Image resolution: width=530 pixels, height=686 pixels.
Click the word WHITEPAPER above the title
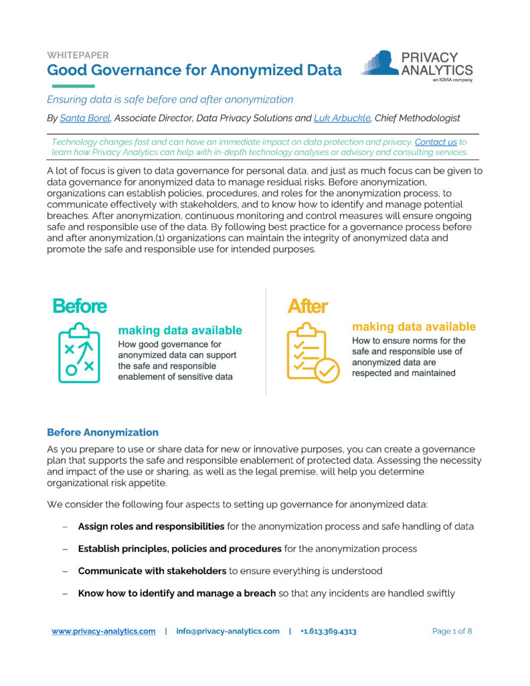(78, 56)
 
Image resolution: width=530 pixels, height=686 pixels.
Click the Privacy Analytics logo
(416, 66)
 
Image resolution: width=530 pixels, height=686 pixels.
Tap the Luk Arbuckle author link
(341, 118)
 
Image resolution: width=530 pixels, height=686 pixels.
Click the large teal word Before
(80, 306)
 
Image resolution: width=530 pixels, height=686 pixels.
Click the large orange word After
(307, 306)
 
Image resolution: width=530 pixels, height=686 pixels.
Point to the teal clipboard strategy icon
(79, 352)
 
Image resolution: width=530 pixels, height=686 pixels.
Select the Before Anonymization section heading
(102, 432)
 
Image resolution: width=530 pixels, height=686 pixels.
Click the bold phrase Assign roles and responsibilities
(151, 527)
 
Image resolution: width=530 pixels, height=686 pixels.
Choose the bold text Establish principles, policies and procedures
(179, 549)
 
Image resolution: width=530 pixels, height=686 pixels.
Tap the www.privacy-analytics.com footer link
(104, 631)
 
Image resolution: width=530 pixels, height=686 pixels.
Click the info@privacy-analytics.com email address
(228, 631)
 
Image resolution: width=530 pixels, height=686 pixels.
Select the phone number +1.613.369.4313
(328, 631)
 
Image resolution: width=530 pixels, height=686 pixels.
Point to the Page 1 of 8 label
(452, 631)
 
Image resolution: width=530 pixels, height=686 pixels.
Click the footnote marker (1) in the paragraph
(163, 238)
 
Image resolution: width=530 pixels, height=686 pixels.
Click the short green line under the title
(71, 86)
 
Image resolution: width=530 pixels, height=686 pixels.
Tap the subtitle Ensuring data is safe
(170, 99)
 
